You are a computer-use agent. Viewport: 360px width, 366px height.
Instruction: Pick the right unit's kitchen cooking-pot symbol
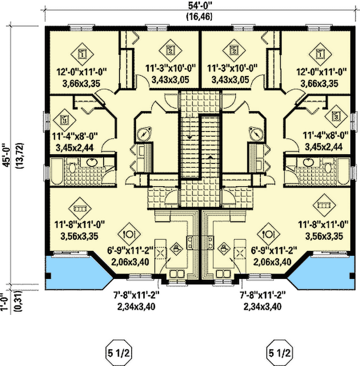point(225,249)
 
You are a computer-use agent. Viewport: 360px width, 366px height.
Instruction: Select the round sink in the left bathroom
point(93,161)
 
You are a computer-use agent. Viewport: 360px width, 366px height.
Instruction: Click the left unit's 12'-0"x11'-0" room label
point(81,72)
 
